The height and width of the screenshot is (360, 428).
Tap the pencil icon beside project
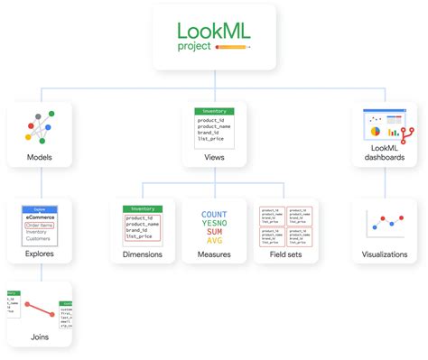237,46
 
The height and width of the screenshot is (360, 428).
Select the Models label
40,158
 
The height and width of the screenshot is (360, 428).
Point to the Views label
214,158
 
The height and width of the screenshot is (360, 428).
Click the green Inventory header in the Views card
214,111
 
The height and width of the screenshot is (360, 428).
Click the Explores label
40,254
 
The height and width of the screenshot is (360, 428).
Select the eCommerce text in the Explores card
41,217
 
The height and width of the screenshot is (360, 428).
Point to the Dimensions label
142,254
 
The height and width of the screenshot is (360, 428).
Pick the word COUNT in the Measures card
213,215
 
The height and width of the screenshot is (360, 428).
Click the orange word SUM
213,232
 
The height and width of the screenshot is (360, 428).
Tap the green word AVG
213,241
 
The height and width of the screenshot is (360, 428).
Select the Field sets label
284,254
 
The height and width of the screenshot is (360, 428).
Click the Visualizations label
385,254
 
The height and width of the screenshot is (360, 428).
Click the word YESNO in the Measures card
213,224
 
